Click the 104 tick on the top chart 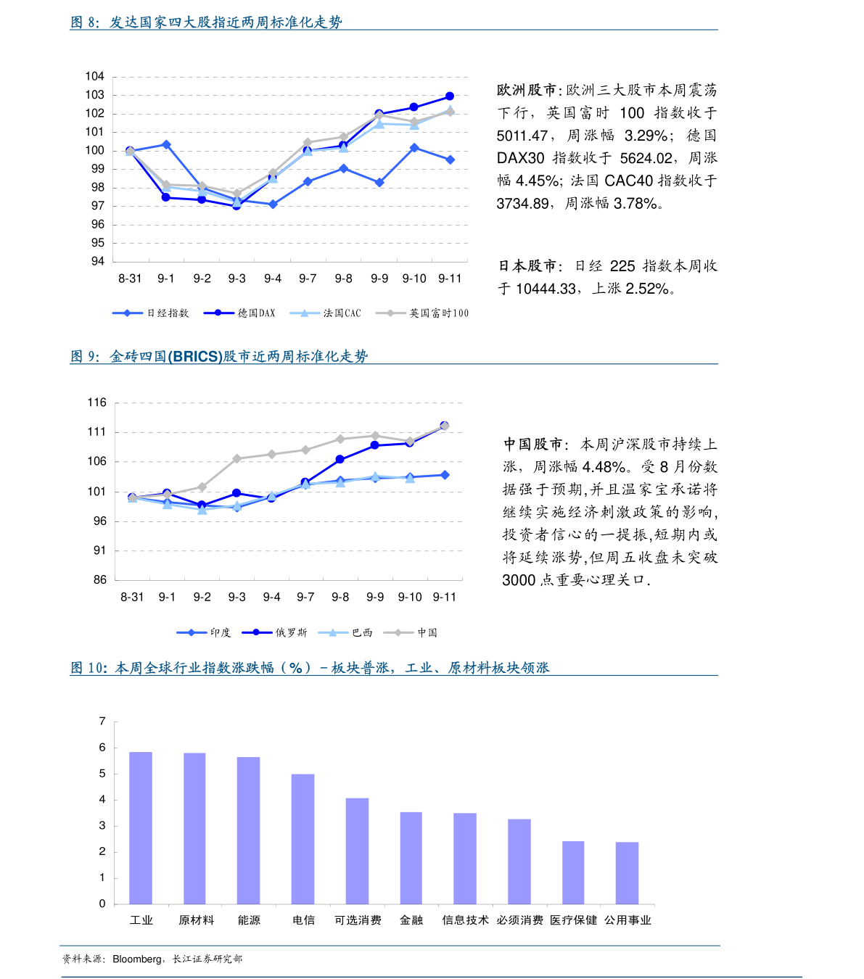pos(94,76)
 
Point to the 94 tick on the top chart pos(97,261)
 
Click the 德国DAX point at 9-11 pos(450,96)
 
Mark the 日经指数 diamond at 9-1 pos(166,144)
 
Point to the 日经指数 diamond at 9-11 pos(450,160)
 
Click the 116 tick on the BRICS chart pos(96,402)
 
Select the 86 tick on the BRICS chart pos(99,579)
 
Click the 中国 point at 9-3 pos(236,458)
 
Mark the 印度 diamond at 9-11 pos(445,475)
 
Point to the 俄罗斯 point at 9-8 pos(340,459)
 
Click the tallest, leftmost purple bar pos(141,827)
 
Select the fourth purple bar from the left pos(303,838)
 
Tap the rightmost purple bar pos(627,872)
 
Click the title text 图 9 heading pos(218,356)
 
